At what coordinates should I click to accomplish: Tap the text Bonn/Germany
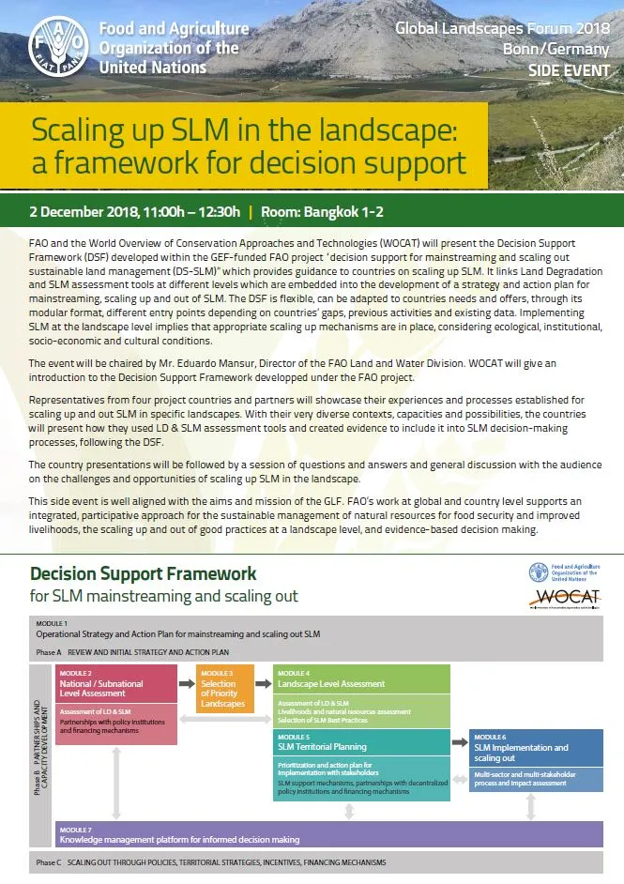[x=569, y=50]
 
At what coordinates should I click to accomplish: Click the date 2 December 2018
[x=83, y=211]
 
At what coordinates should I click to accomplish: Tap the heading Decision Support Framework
[x=143, y=573]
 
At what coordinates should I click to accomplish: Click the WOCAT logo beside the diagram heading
[x=564, y=598]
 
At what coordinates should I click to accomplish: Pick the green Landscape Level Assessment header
[x=361, y=684]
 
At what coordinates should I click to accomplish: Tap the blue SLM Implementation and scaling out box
[x=536, y=749]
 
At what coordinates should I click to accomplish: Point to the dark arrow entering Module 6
[x=459, y=741]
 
